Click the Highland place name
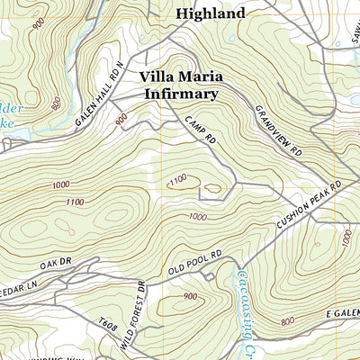point(210,13)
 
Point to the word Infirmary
point(178,93)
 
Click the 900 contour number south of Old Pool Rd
point(190,297)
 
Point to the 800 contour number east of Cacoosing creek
point(287,321)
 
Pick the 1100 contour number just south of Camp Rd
point(177,182)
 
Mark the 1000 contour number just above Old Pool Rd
point(197,216)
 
